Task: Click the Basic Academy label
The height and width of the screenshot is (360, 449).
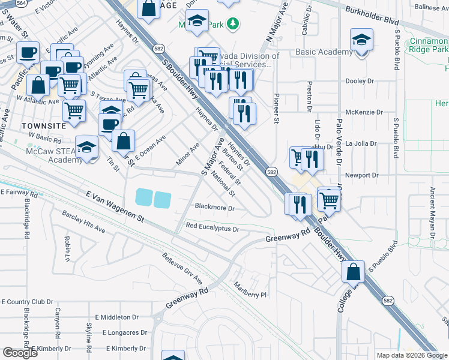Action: coord(324,52)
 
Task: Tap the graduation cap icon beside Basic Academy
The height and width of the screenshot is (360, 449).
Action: coord(360,40)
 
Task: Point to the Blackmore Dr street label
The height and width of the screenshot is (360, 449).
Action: coord(214,207)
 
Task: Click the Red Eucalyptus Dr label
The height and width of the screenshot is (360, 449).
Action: coord(212,228)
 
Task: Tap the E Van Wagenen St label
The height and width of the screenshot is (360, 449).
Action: coord(116,204)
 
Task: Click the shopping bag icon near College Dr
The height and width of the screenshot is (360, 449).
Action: coord(354,272)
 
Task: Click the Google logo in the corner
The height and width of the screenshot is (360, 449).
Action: coord(20,353)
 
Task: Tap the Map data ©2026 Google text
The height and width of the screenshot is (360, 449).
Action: coord(411,355)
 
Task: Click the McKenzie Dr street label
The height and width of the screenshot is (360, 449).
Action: coord(364,112)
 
